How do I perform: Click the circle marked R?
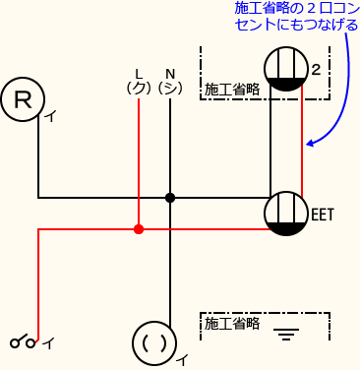[23, 99]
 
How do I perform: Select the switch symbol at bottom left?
[24, 342]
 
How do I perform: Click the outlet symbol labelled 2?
[286, 69]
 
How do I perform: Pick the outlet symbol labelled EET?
[286, 214]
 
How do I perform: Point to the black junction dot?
[170, 198]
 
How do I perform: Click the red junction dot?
[139, 229]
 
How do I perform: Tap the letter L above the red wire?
[139, 74]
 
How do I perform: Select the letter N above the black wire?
[170, 74]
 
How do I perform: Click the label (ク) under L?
[139, 88]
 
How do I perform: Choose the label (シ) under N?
[170, 88]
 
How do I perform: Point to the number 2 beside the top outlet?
[316, 70]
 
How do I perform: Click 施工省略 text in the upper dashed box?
[231, 90]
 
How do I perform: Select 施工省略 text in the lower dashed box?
[231, 322]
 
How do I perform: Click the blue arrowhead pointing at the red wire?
[309, 144]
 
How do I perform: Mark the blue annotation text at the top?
[297, 16]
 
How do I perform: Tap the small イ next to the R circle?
[48, 117]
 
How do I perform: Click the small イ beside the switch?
[48, 342]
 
